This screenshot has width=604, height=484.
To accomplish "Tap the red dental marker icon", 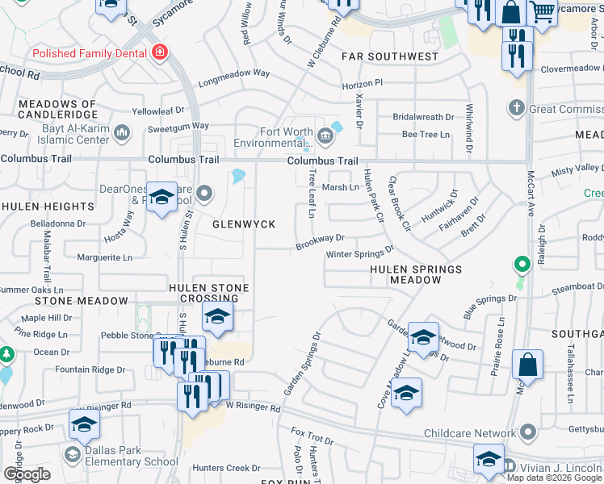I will [160, 53].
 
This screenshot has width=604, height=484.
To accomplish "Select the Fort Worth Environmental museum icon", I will [325, 136].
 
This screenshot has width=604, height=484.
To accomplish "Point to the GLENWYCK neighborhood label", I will [244, 223].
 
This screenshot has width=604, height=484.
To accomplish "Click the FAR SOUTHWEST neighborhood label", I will [389, 56].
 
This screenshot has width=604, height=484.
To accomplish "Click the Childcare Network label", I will [469, 433].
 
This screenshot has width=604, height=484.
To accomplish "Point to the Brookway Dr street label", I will [320, 240].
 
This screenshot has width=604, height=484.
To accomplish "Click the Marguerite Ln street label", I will [104, 258].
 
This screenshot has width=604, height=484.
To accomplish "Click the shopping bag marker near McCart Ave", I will [527, 365].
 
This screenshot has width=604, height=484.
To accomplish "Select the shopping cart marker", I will [543, 11].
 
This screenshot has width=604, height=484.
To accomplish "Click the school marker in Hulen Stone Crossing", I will [217, 318].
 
